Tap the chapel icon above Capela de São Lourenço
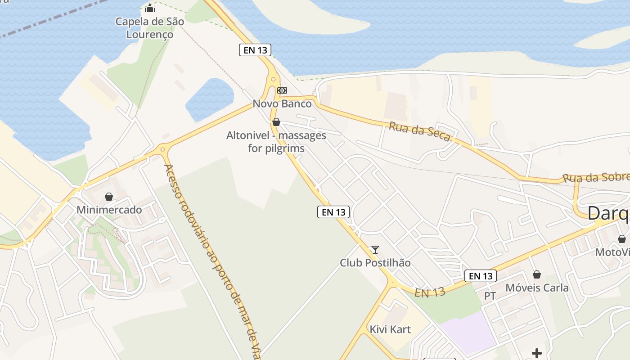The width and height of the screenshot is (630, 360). coord(150,8)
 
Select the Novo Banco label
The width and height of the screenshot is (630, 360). coord(282,103)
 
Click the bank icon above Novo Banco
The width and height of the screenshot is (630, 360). coord(282,90)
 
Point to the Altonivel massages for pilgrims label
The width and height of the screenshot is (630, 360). coord(276,142)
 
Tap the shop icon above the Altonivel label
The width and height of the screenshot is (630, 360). coord(276,122)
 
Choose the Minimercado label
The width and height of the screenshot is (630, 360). coord(109,210)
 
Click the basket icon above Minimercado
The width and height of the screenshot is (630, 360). coord(108,197)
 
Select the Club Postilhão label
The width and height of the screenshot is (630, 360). coord(375,263)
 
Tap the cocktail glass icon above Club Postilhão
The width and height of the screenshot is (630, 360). coord(375,250)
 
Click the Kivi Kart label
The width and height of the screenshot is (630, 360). coord(390,329)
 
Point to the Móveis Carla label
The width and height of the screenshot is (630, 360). coord(537,288)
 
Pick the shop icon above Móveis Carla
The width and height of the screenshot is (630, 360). coord(537,274)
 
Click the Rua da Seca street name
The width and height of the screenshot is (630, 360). coord(419,132)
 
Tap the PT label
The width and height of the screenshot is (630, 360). coord(490,296)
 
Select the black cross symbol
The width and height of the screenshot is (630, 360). coord(536,353)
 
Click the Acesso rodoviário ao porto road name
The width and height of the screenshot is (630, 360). coord(211,261)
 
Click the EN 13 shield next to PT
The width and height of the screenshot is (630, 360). coord(480,276)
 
